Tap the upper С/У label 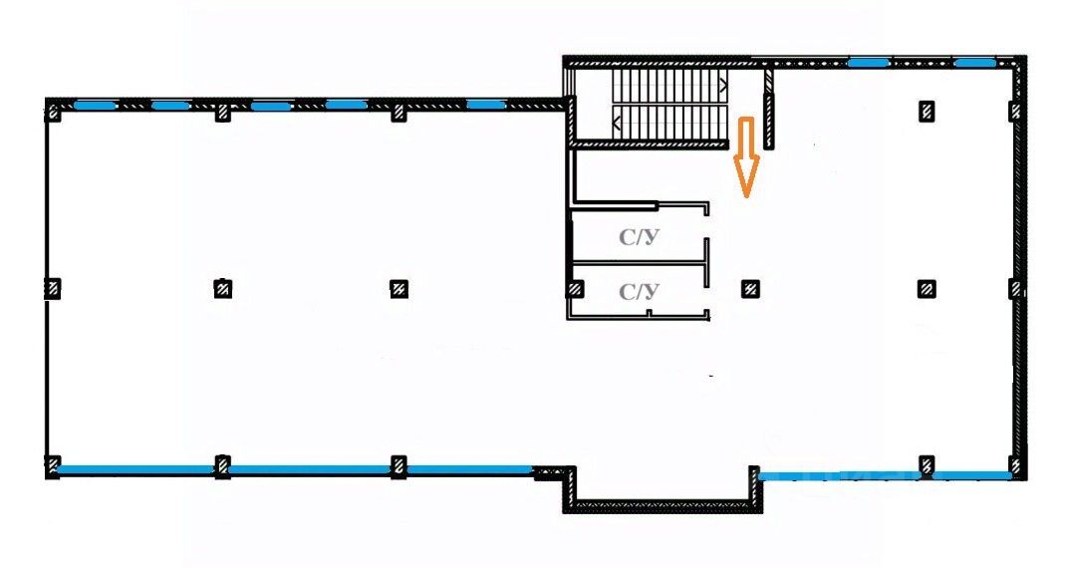tap(639, 238)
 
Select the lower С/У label tap(639, 292)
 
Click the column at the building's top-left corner tap(53, 112)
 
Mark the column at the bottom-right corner tap(1015, 465)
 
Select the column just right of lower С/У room tap(751, 289)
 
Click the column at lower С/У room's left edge tap(575, 289)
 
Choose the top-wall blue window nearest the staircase tap(485, 104)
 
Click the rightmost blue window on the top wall tap(973, 63)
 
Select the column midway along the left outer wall tap(53, 288)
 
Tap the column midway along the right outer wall tap(1015, 289)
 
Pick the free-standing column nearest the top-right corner tap(927, 111)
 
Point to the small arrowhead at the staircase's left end tap(619, 124)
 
